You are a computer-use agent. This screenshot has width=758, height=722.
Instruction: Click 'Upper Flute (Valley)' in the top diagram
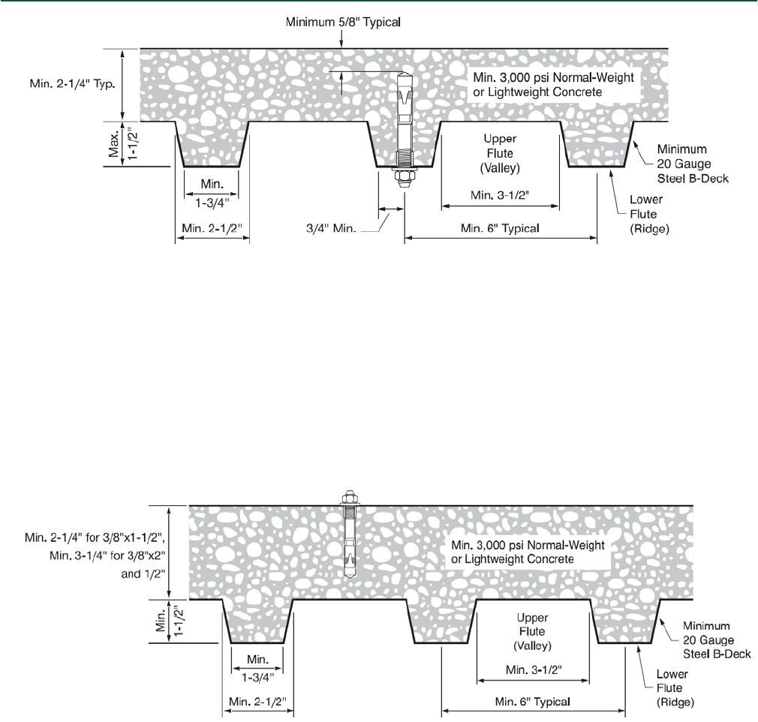(498, 152)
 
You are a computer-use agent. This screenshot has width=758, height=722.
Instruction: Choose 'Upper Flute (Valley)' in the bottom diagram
(534, 631)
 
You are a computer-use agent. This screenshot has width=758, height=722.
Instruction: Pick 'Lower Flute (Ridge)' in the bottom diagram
(672, 694)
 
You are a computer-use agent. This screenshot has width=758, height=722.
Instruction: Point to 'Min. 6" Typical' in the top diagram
(501, 228)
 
